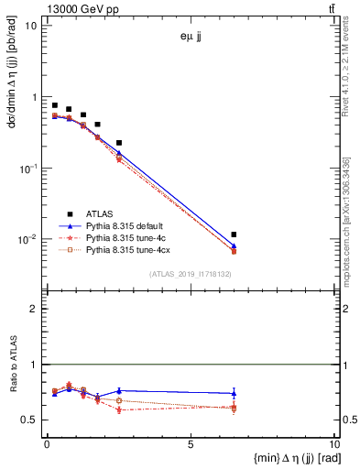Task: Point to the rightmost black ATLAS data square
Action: tap(235, 235)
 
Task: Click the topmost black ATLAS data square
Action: tap(55, 105)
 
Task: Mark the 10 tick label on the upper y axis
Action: tap(30, 26)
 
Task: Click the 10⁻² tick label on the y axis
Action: tap(27, 240)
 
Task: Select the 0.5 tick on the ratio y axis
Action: tap(30, 420)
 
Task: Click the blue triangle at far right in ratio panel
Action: tap(235, 393)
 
